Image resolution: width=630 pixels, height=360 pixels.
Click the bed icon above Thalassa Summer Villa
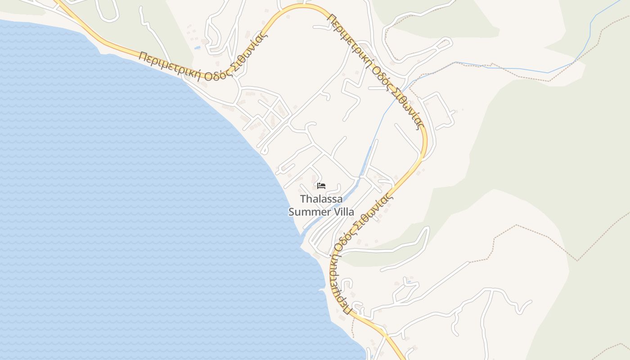coord(321,185)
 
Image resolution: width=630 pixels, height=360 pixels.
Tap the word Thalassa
coord(321,198)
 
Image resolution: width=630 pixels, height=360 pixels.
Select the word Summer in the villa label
coord(308,211)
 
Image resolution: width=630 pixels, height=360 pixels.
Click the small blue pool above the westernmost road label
coord(197,47)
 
